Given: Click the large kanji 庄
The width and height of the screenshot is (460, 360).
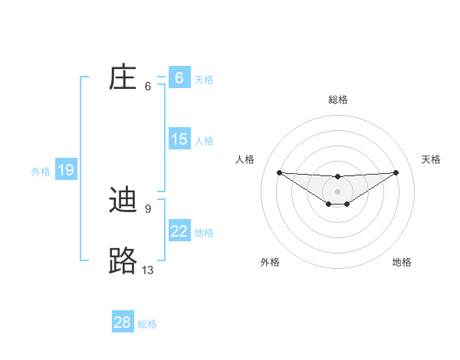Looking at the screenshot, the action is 123,77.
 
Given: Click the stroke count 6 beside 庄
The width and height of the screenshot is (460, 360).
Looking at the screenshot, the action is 148,87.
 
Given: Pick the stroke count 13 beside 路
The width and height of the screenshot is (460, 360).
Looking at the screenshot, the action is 148,270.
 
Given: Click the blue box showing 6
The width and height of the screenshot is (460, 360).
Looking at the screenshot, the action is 179,77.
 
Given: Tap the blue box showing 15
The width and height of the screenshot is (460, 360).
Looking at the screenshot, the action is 179,139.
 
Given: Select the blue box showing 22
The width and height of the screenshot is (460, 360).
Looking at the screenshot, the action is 179,231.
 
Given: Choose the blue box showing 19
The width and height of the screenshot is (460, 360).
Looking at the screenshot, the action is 66,170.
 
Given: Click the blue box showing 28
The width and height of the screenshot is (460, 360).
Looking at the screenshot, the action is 123,322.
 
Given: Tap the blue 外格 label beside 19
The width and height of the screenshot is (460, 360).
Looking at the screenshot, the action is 41,172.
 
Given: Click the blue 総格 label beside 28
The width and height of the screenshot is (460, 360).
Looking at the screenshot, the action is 147,324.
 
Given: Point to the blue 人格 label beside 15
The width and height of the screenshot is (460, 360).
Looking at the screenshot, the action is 204,141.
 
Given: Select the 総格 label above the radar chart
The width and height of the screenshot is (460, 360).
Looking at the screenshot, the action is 337,100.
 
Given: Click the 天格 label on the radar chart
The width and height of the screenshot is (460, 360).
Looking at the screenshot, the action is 432,159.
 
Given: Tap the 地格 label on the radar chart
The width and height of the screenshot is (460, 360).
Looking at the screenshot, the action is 402,262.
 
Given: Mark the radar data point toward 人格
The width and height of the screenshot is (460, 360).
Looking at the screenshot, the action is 279,172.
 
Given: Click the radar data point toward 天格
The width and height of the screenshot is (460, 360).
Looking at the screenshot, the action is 396,172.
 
